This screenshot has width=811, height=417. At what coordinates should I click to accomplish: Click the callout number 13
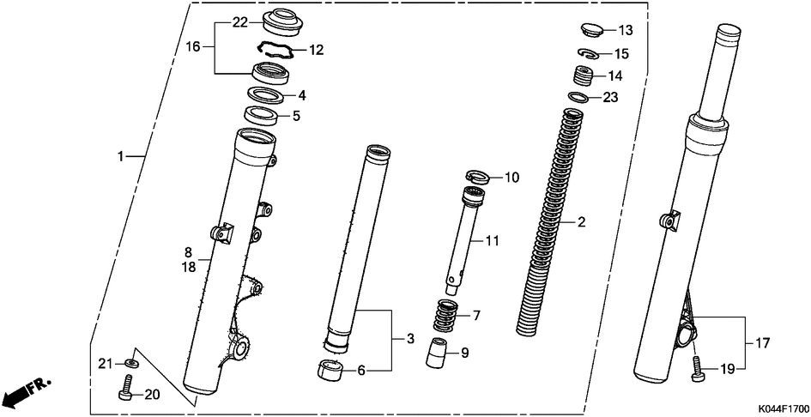(x=625, y=31)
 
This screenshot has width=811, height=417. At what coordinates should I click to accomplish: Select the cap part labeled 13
(x=589, y=30)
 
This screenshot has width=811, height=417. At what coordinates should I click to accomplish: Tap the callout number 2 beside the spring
(x=581, y=223)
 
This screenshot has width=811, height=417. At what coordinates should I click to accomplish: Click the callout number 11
(x=491, y=242)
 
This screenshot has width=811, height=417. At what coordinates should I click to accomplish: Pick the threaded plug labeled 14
(x=585, y=77)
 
